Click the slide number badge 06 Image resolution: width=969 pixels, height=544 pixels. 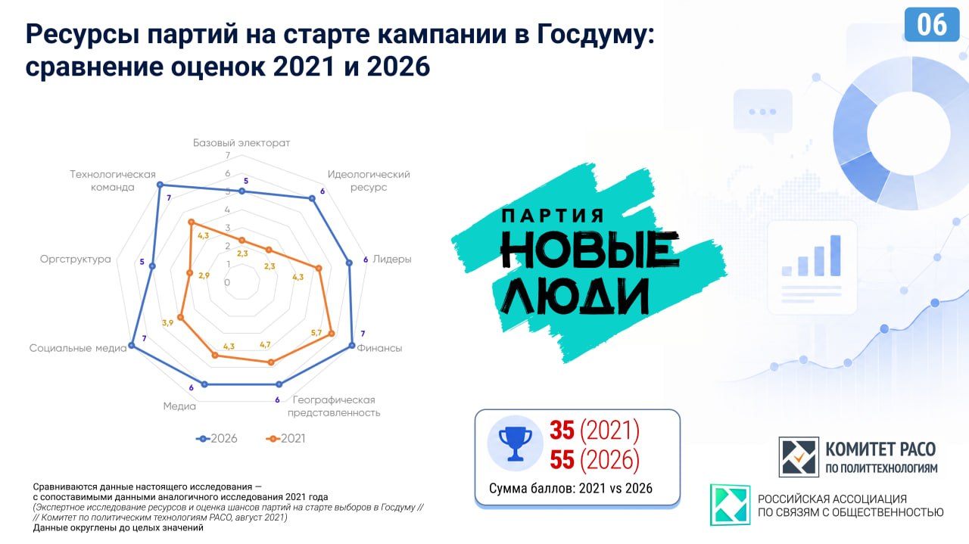931,25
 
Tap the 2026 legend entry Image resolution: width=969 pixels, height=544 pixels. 217,439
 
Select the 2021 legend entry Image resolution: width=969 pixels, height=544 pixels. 285,439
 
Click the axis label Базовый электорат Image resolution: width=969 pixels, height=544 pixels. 241,143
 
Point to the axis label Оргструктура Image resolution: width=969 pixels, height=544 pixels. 75,259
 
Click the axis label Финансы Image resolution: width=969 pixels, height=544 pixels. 379,348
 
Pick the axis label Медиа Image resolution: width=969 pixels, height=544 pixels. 179,406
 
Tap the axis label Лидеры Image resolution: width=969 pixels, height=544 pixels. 392,259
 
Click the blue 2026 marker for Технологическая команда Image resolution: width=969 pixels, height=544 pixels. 160,185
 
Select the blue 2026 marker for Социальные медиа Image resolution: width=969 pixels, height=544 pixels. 132,346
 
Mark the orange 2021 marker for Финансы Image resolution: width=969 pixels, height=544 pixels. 332,334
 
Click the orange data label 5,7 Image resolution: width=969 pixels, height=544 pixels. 316,333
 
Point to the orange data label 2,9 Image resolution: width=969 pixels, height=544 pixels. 204,275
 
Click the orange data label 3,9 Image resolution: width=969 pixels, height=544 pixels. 167,322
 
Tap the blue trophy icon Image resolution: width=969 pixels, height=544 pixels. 516,443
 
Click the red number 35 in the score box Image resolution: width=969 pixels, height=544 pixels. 562,430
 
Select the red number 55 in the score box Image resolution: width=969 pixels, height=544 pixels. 562,459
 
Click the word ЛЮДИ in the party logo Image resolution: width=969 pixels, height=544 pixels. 575,296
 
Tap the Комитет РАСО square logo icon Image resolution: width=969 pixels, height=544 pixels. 799,457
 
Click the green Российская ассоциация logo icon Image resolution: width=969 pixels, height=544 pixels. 731,505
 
